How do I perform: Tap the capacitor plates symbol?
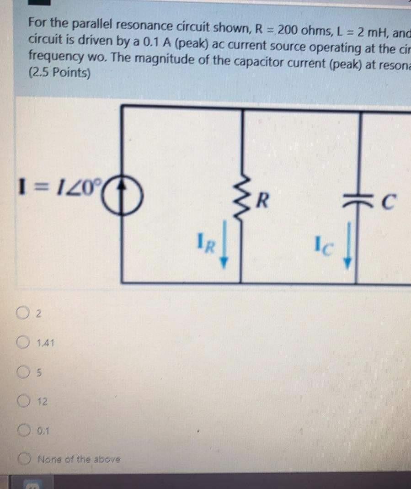tap(361, 200)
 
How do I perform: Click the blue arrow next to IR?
tap(224, 252)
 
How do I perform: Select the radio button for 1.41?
tap(24, 342)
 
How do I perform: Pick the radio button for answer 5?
tap(23, 372)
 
